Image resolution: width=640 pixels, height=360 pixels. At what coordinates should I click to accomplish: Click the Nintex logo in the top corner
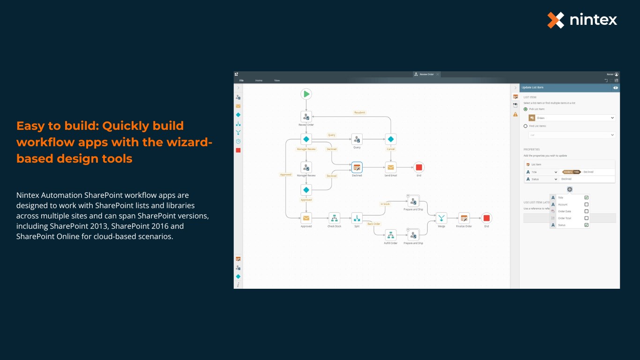point(582,20)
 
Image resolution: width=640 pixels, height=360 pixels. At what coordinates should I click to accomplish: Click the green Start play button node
point(306,94)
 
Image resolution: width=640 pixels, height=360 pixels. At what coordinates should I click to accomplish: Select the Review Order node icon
point(306,117)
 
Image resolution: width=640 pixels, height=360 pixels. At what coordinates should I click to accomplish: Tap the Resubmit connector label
point(360,112)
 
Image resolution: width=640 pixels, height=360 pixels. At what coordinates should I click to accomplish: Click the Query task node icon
point(357,139)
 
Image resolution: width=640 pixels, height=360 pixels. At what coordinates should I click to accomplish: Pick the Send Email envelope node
point(391,167)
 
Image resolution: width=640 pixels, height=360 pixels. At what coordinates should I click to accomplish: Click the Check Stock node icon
point(334,218)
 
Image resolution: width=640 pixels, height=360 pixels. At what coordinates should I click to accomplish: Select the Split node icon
point(357,218)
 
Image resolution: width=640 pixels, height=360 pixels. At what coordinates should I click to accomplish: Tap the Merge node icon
point(441,218)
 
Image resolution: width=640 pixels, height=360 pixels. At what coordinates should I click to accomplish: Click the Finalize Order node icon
point(464,218)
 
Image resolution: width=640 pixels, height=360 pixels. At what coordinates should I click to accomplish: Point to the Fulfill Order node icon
point(391,235)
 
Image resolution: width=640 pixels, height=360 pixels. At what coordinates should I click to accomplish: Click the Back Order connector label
point(374,224)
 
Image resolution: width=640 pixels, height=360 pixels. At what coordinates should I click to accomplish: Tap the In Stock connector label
point(385,204)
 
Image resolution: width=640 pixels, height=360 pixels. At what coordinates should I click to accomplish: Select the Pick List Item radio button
point(525,109)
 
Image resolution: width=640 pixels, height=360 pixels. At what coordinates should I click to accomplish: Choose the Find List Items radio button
point(525,126)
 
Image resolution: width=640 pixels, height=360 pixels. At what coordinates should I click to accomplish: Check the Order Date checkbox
point(587,211)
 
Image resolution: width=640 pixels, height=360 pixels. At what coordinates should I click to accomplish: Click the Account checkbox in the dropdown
point(587,204)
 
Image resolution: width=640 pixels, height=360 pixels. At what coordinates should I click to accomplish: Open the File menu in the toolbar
point(242,81)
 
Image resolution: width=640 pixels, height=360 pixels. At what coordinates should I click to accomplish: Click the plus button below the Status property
point(569,189)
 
